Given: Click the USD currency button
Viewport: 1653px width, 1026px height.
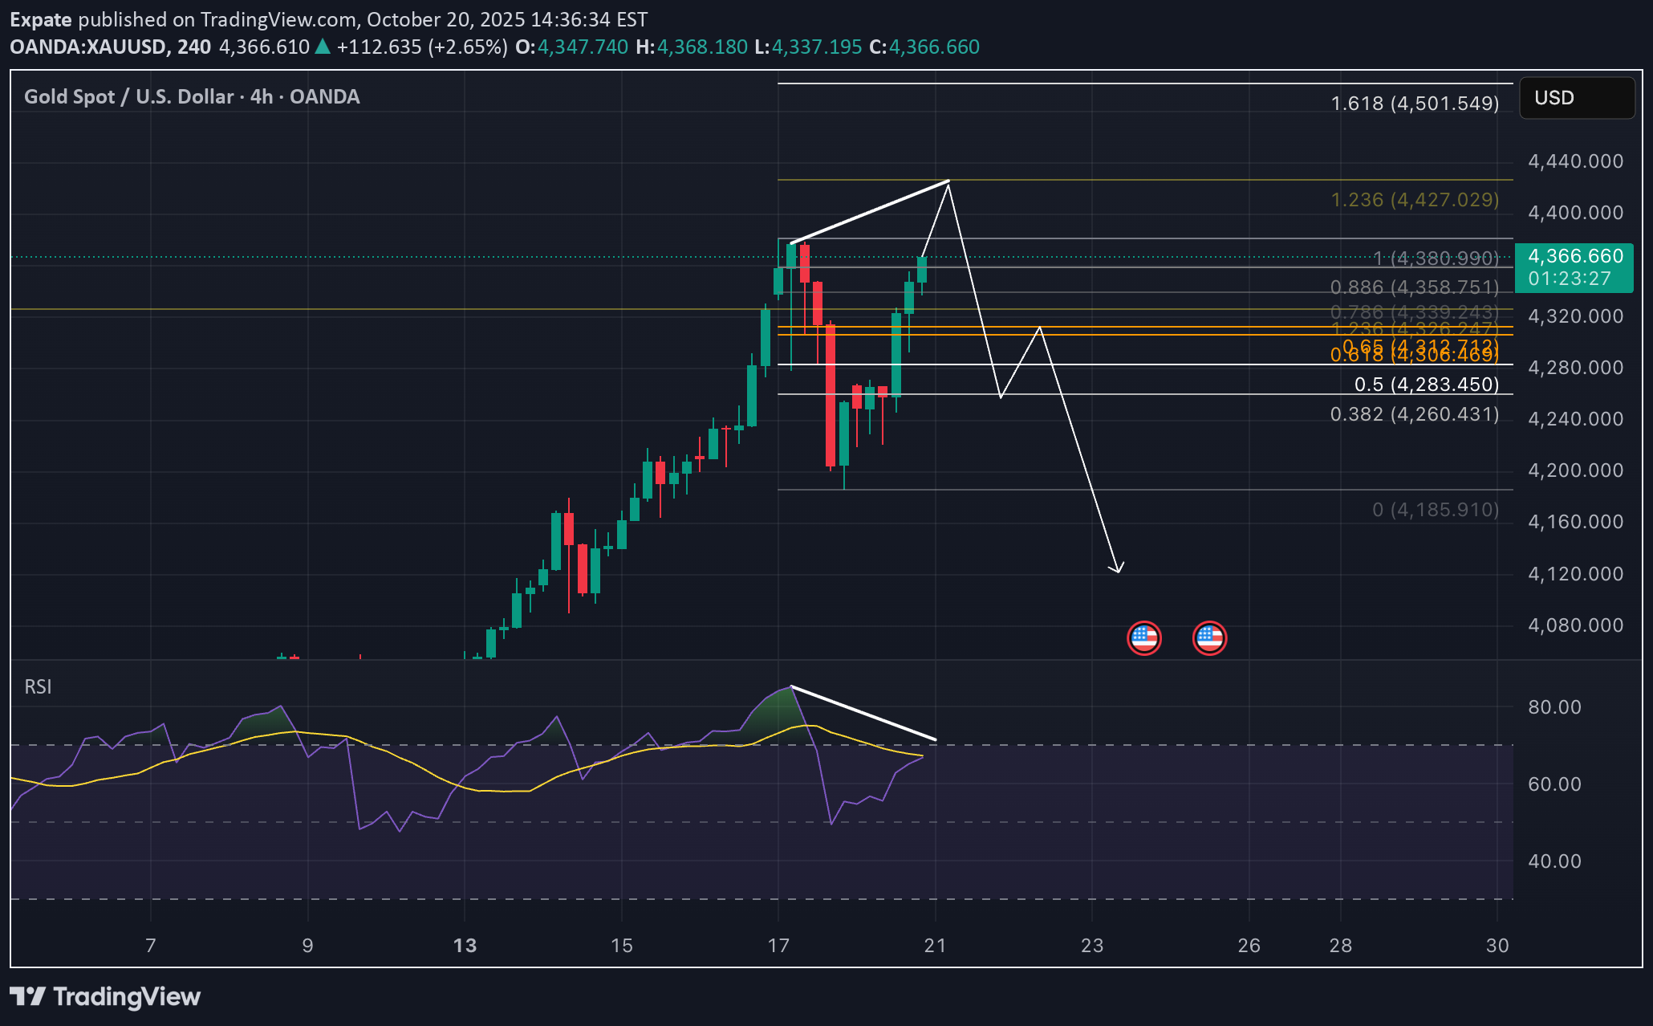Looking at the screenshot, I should click(x=1576, y=98).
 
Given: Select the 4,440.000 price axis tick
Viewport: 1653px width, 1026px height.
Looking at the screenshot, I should click(x=1575, y=161).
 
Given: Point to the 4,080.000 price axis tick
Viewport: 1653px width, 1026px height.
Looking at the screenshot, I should click(x=1575, y=625).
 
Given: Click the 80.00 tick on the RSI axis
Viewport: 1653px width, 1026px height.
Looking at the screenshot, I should click(x=1554, y=707).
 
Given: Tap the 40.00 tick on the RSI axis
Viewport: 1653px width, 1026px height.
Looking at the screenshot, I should click(x=1554, y=861).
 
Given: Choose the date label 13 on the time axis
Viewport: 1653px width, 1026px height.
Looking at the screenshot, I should click(x=465, y=946).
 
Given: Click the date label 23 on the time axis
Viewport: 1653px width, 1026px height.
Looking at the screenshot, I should click(x=1092, y=946).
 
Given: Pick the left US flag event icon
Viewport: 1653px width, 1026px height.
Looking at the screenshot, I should click(x=1143, y=638).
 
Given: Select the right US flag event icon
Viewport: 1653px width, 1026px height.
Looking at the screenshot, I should click(x=1209, y=638).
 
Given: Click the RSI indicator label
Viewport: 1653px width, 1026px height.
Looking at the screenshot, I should click(x=38, y=687).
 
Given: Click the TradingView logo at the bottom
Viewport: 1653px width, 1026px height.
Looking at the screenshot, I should click(x=105, y=997).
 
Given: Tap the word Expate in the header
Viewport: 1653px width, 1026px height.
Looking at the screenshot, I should click(x=41, y=19).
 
